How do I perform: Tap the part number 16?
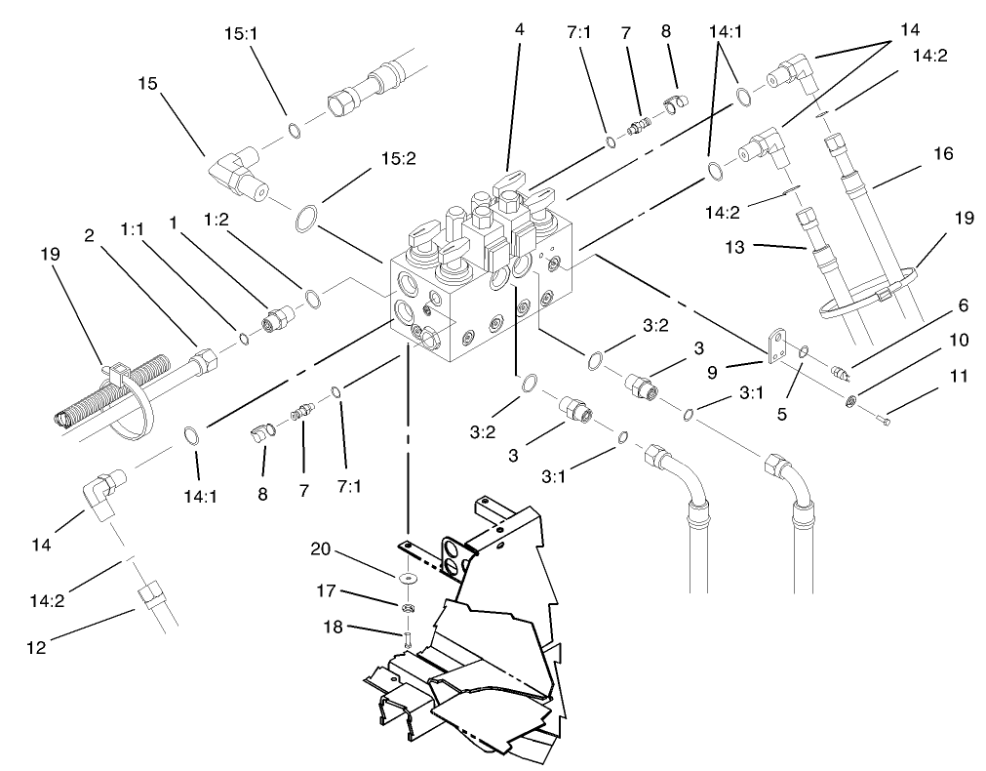pos(942,153)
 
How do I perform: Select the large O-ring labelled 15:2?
pos(306,220)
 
